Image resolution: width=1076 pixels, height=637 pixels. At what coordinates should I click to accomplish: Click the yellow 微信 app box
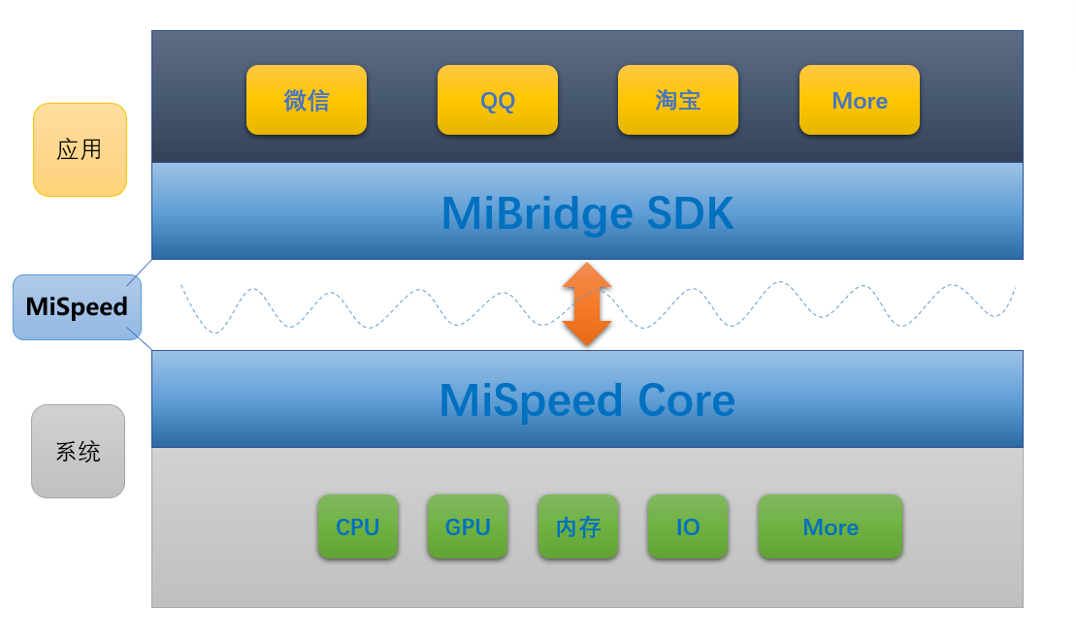[x=306, y=100]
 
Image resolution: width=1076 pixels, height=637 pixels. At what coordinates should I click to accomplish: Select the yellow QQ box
[x=497, y=100]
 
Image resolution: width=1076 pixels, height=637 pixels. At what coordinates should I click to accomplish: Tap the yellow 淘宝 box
[x=677, y=100]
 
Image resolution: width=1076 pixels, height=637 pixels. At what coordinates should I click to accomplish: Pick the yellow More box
[x=859, y=100]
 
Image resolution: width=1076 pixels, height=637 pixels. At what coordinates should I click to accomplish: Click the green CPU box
[x=357, y=526]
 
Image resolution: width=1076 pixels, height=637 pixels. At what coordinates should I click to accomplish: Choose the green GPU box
[x=467, y=526]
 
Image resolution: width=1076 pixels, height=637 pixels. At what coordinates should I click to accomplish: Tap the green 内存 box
[x=577, y=526]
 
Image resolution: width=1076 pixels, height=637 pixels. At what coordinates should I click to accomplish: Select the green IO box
[x=687, y=526]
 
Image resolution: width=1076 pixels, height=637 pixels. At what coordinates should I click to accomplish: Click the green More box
[x=830, y=526]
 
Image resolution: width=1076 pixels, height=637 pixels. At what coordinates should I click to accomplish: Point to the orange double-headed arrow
[x=587, y=304]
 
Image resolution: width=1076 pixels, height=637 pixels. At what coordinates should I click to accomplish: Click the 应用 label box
[x=80, y=149]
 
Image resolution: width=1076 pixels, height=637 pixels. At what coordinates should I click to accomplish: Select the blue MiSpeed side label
[x=77, y=306]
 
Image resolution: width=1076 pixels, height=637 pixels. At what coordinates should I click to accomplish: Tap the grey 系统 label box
[x=78, y=451]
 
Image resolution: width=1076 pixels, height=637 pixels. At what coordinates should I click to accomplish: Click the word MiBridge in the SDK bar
[x=532, y=213]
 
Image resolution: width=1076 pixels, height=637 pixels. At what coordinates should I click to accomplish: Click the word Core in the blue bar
[x=686, y=400]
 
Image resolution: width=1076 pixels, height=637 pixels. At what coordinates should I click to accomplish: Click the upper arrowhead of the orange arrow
[x=587, y=275]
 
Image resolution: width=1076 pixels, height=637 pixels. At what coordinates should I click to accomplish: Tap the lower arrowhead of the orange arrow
[x=587, y=334]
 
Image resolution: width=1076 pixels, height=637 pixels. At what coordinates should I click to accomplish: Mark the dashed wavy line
[x=388, y=309]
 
